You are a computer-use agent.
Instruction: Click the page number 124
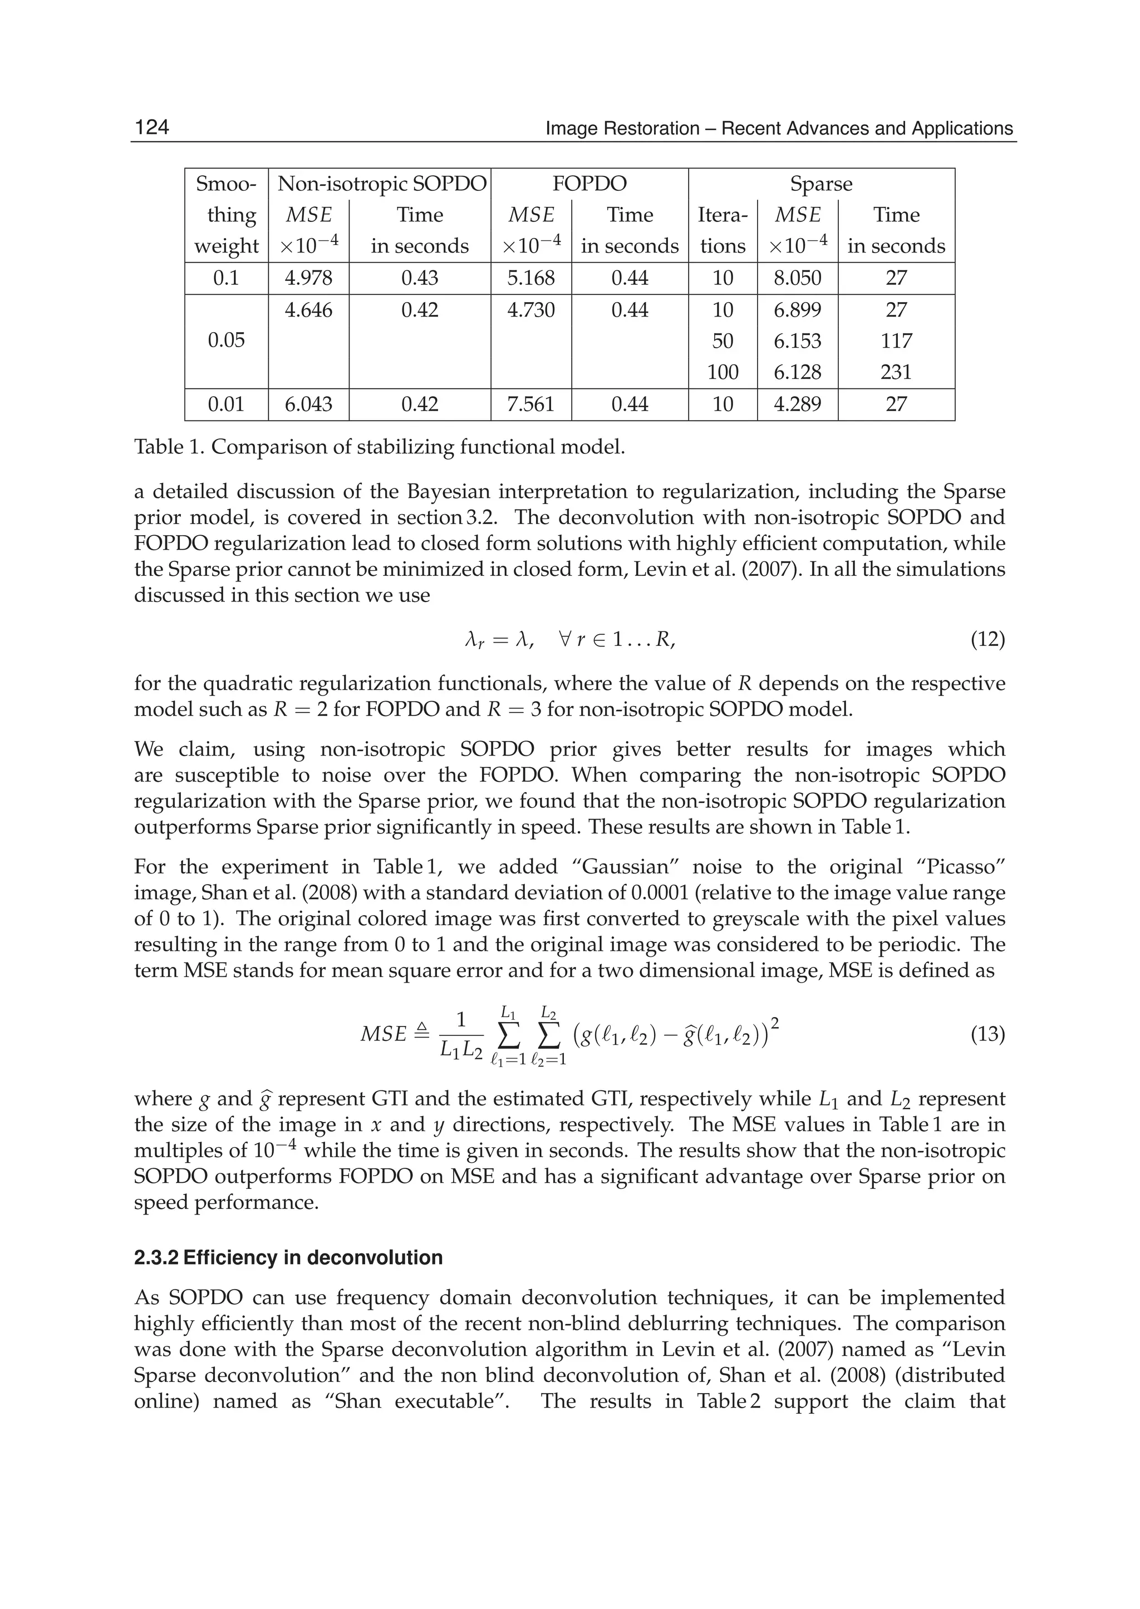(151, 127)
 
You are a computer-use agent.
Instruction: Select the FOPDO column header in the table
(589, 184)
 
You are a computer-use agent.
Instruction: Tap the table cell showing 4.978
(308, 278)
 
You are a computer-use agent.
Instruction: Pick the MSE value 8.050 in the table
(798, 278)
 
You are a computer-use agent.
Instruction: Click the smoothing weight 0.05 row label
(226, 340)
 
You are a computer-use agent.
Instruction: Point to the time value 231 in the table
(896, 372)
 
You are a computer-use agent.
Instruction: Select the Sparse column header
(820, 184)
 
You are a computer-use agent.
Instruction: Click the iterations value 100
(723, 372)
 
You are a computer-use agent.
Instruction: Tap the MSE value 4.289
(798, 404)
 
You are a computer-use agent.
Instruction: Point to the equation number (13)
(987, 1034)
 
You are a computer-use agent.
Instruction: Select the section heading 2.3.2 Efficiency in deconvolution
(288, 1257)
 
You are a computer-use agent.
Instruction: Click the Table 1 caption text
(379, 447)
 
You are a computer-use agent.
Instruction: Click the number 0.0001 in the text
(662, 894)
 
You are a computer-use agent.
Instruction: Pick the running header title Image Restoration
(779, 129)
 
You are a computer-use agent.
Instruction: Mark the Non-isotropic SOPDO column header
(382, 184)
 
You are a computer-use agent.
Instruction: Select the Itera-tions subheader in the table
(723, 230)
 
